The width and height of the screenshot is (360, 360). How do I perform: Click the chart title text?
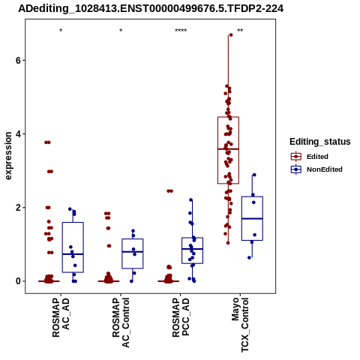151,8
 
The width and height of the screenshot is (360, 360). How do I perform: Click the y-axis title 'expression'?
8,156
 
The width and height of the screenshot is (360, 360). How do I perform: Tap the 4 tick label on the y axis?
18,134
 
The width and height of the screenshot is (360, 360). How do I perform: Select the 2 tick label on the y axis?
18,208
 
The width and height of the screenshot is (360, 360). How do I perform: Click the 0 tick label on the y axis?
18,281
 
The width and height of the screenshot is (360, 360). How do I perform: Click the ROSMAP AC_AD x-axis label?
61,317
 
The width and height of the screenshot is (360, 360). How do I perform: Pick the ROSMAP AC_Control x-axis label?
121,322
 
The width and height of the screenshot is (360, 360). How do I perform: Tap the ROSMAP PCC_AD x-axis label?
181,317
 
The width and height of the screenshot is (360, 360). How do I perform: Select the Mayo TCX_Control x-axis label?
240,325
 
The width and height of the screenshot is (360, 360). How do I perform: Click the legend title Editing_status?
320,142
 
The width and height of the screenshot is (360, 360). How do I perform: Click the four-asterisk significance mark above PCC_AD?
181,31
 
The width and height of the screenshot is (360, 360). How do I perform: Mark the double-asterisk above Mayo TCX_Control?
240,31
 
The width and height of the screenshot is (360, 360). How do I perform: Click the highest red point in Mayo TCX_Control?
231,35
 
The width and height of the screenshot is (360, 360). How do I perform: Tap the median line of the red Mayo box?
228,149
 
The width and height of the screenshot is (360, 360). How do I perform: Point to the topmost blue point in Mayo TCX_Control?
254,175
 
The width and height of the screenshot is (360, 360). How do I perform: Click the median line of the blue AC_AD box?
73,254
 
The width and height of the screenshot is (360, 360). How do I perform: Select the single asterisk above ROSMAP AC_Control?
121,31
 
